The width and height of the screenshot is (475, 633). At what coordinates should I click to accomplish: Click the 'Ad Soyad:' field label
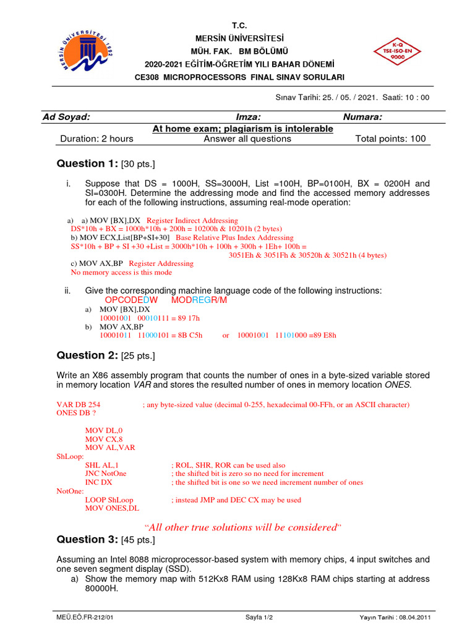click(x=66, y=117)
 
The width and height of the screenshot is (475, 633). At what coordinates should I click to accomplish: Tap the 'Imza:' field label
click(x=248, y=117)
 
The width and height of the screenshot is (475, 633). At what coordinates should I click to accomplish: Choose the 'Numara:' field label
click(x=362, y=117)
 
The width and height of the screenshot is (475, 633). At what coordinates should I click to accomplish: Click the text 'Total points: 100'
click(x=390, y=138)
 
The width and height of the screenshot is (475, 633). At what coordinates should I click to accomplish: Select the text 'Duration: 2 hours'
click(x=96, y=138)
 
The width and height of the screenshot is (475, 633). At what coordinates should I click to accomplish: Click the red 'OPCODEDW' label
click(x=132, y=300)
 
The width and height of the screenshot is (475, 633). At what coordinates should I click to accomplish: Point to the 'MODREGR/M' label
click(x=199, y=300)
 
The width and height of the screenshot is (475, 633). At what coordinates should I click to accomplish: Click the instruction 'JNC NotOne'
click(x=106, y=474)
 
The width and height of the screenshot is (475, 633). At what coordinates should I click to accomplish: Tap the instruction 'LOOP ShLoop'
click(x=109, y=499)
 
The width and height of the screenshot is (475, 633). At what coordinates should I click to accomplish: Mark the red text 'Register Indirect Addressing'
click(x=192, y=221)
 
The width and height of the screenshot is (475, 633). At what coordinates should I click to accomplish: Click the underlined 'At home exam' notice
click(x=242, y=129)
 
